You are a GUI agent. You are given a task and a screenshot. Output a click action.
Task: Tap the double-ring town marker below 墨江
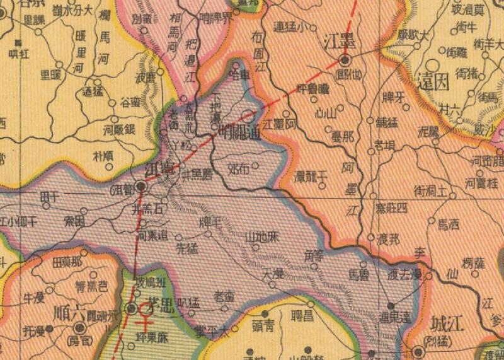[345, 61]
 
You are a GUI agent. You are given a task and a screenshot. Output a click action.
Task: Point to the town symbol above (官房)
[81, 327]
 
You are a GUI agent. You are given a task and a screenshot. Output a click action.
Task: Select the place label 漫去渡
[405, 276]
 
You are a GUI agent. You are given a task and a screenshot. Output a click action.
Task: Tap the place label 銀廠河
[119, 129]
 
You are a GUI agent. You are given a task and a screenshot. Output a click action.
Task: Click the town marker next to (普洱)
[142, 187]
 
